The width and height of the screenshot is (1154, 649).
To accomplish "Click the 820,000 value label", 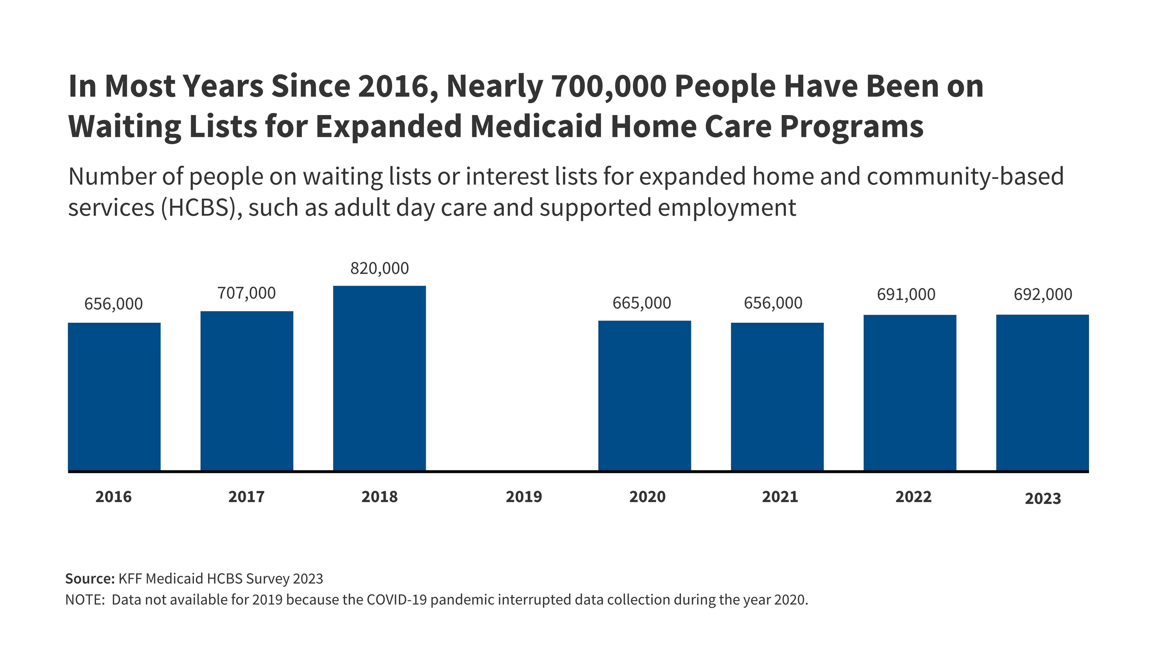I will click(379, 268).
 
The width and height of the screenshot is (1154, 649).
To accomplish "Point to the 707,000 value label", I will click(247, 293).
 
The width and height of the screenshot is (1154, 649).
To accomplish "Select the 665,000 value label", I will click(642, 303).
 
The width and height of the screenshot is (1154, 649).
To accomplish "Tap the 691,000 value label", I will click(906, 295).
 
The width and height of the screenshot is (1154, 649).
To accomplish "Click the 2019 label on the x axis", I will click(524, 497).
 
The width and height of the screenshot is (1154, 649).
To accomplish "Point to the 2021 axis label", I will click(780, 497).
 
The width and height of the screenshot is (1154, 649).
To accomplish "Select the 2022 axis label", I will click(914, 497).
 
